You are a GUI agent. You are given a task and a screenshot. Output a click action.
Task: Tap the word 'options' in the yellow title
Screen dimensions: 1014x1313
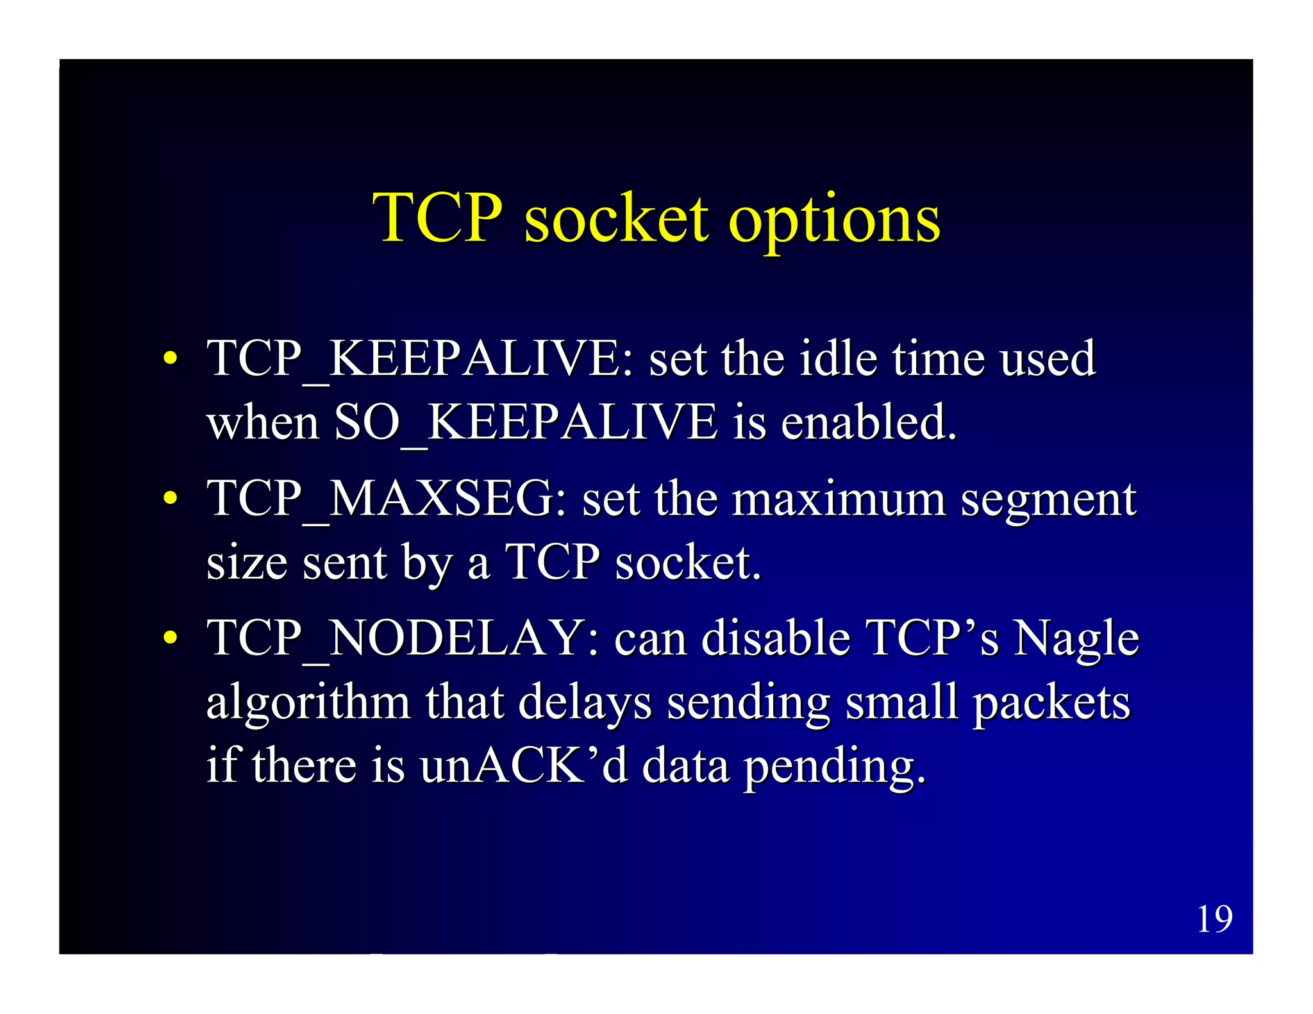pos(833,221)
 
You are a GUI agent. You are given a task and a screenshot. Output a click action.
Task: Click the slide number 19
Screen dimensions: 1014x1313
pos(1214,919)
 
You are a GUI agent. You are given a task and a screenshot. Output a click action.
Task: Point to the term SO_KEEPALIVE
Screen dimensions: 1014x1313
pos(526,423)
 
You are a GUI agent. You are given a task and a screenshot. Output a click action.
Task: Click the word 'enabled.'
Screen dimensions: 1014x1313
pos(869,423)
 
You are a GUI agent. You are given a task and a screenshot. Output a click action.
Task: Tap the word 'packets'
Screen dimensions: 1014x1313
pos(1051,704)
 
